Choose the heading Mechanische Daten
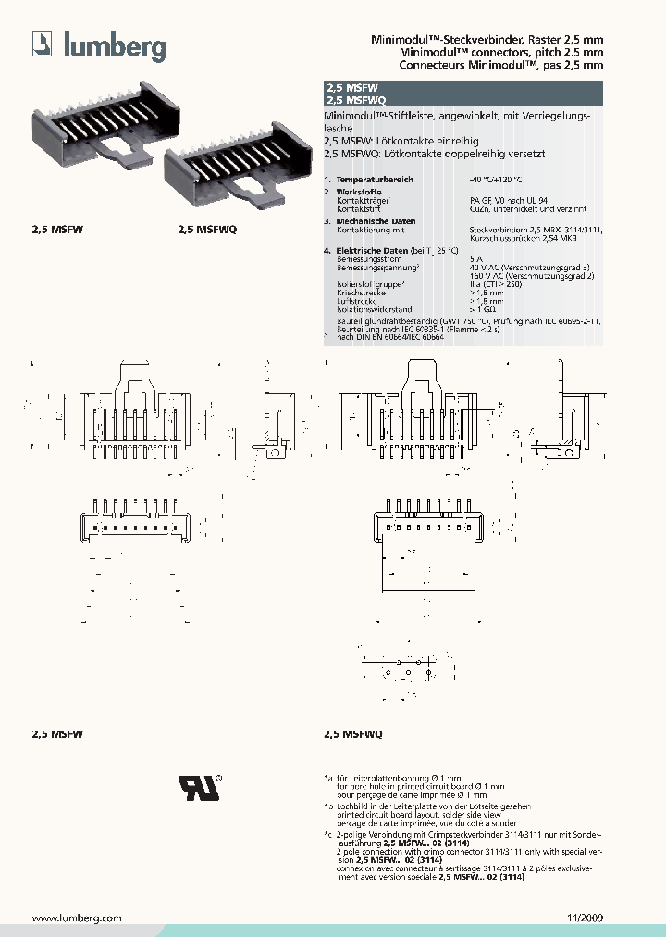tap(376, 222)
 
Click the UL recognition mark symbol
tap(199, 786)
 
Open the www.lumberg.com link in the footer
tap(78, 918)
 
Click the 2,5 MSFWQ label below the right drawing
tap(352, 733)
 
